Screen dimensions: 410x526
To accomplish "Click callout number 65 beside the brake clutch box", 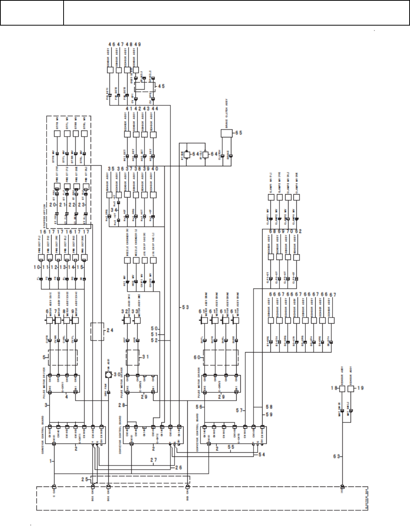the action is [x=239, y=133].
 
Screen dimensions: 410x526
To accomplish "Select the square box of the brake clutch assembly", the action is [x=227, y=134].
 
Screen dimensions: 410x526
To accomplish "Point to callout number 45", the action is [x=161, y=86].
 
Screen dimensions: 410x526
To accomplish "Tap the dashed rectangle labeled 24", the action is [x=97, y=331].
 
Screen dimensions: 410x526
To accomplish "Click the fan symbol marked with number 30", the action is [x=108, y=375].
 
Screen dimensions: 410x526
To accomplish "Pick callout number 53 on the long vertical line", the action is [x=185, y=307].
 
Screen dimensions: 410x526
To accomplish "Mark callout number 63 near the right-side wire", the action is [x=337, y=456].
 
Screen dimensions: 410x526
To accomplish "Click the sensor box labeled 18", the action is [x=342, y=388].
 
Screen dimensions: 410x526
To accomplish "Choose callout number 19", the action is [x=360, y=388].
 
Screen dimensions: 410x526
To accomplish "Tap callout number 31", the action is [x=146, y=357].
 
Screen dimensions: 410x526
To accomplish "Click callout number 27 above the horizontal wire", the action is [x=153, y=460].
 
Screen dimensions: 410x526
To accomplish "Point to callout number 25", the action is [x=85, y=479].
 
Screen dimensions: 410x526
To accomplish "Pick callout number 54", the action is [x=261, y=455].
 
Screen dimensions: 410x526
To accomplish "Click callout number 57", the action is [x=239, y=410].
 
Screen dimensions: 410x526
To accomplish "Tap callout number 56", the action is [x=199, y=407].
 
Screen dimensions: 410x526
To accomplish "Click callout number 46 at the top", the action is [x=112, y=44].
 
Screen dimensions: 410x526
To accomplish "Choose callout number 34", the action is [x=114, y=210].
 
